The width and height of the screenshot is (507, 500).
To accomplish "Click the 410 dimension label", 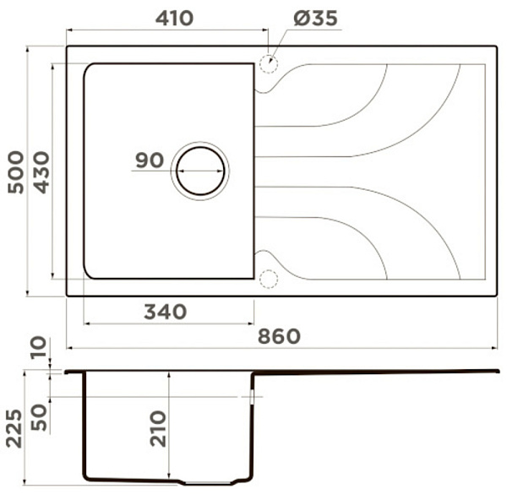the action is point(174,19).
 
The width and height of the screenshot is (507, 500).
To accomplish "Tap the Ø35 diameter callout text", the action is point(315,18).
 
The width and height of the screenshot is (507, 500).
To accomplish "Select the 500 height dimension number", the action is point(16,172).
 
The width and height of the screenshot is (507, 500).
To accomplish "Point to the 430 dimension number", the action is point(42,172).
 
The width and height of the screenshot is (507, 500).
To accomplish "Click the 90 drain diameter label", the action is point(150,160).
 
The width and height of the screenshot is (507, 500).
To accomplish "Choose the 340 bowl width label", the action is point(166,312).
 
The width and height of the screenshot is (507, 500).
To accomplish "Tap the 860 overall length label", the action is point(279,336).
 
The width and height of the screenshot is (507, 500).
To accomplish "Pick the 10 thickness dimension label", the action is point(39,348).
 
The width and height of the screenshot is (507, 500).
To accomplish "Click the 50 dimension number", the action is point(39,417).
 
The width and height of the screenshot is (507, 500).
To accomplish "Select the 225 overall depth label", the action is point(14,428).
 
